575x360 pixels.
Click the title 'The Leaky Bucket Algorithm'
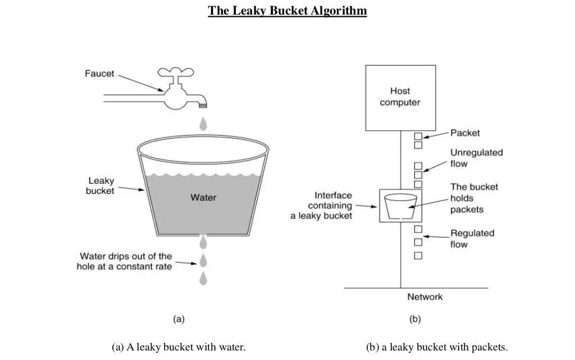287,11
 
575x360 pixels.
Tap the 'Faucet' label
99,73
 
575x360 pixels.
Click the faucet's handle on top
175,74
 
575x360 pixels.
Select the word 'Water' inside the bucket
203,197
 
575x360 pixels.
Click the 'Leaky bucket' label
101,186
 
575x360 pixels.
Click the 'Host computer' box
400,97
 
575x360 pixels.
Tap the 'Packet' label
465,133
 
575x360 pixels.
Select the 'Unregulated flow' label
476,158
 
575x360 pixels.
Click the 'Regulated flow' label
472,239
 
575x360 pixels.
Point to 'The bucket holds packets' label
474,198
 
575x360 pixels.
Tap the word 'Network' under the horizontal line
425,297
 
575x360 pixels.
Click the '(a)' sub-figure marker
178,319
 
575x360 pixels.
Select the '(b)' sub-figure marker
414,319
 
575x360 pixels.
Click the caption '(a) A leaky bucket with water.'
179,347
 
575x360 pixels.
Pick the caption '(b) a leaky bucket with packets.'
436,347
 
